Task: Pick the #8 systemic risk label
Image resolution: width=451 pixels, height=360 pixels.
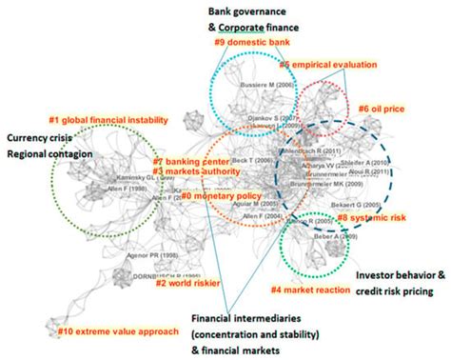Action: [x=370, y=218]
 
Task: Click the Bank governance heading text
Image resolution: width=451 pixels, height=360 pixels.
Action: [x=241, y=9]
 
